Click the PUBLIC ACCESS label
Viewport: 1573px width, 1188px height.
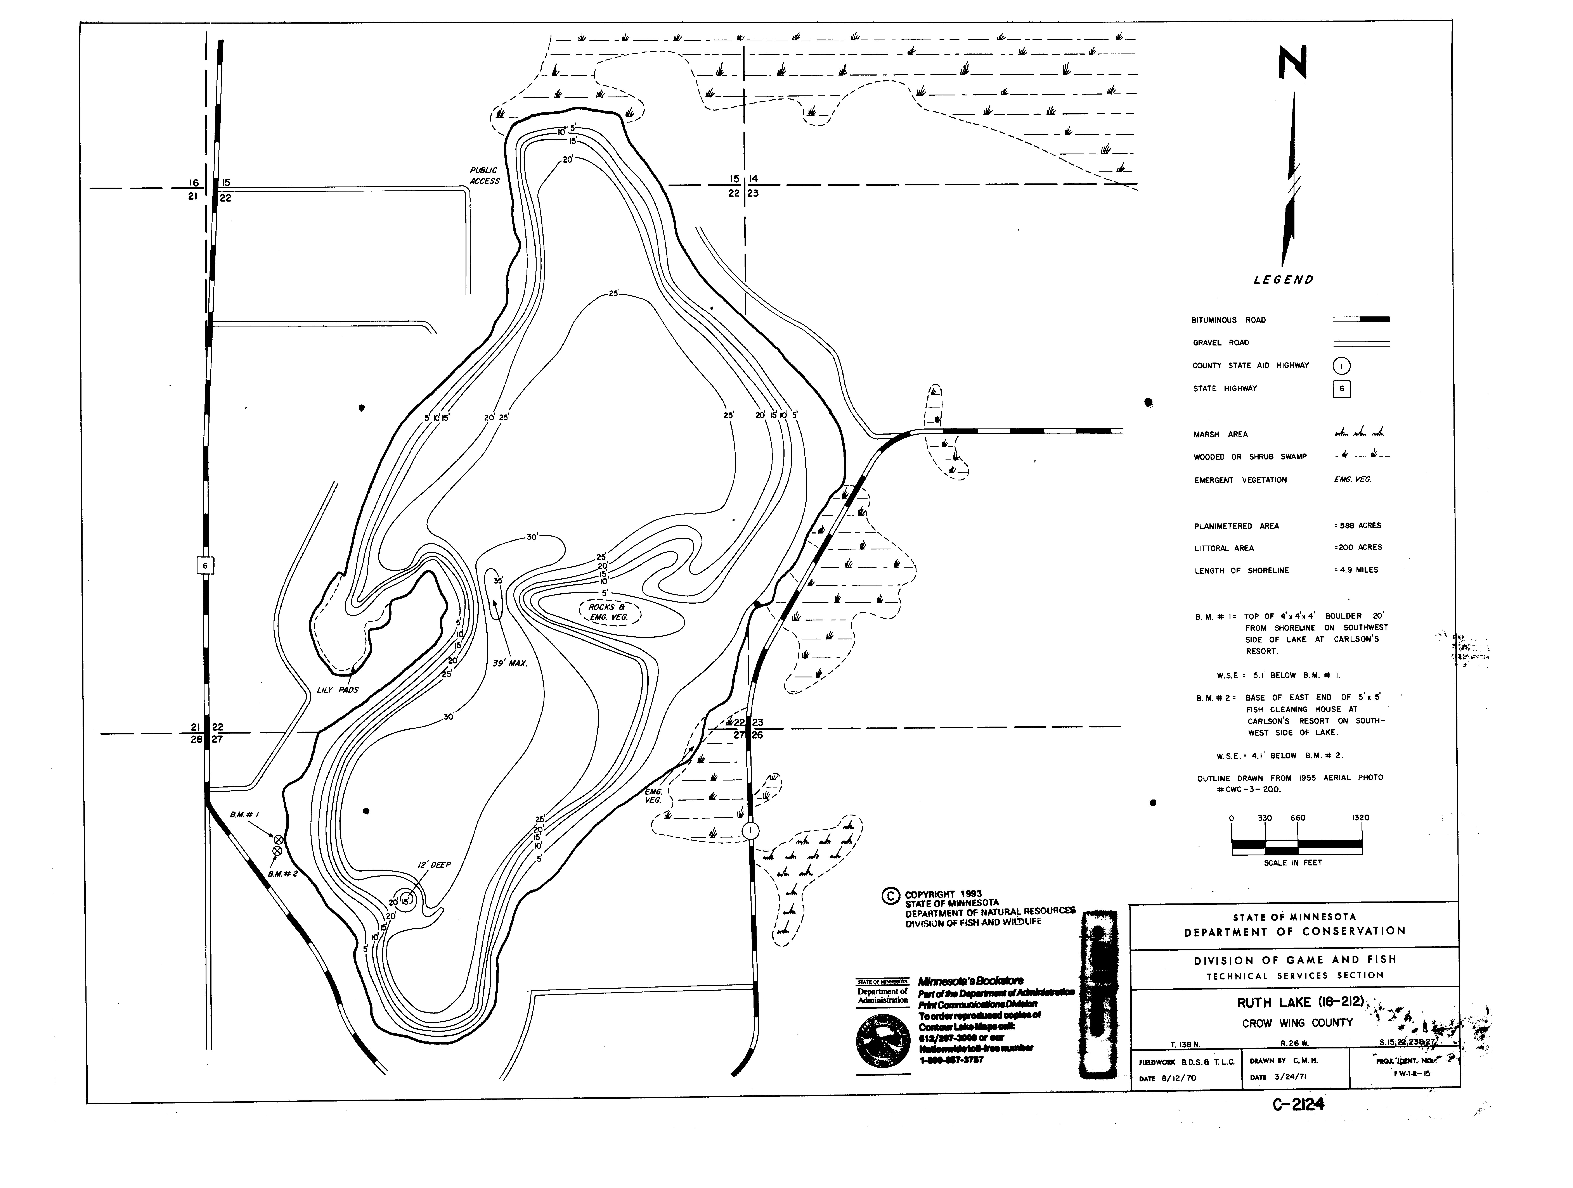[484, 176]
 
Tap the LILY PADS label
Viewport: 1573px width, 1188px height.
[337, 690]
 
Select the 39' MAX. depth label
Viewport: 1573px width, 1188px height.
[509, 663]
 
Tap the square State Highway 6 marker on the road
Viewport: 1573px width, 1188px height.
[205, 566]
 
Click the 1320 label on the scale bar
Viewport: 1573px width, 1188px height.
[1360, 818]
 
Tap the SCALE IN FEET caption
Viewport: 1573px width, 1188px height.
[1293, 862]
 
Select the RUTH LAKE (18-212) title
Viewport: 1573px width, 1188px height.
[1299, 1002]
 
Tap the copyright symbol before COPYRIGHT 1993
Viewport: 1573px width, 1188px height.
[890, 896]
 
